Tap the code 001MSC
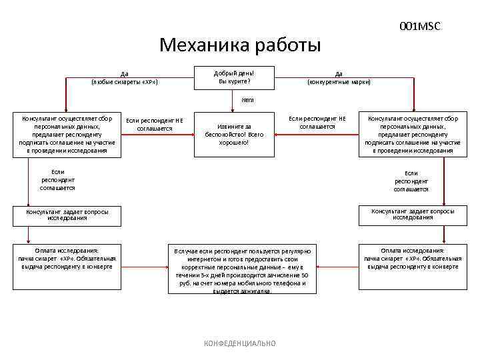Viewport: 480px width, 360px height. tap(420, 26)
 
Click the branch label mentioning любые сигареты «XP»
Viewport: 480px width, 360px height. tap(124, 78)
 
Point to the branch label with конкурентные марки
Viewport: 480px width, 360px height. tap(339, 78)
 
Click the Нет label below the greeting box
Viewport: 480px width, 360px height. tap(248, 101)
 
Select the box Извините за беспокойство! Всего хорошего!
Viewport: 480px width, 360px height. tap(234, 134)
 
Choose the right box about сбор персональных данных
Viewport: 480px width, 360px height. tap(413, 135)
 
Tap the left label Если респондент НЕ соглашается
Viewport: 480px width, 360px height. tap(155, 124)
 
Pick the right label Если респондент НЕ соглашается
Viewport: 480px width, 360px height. tap(317, 122)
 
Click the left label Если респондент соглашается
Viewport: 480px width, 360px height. tap(58, 180)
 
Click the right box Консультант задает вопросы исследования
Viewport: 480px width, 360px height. tap(413, 214)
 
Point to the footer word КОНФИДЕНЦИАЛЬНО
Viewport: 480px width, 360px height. tap(239, 343)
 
